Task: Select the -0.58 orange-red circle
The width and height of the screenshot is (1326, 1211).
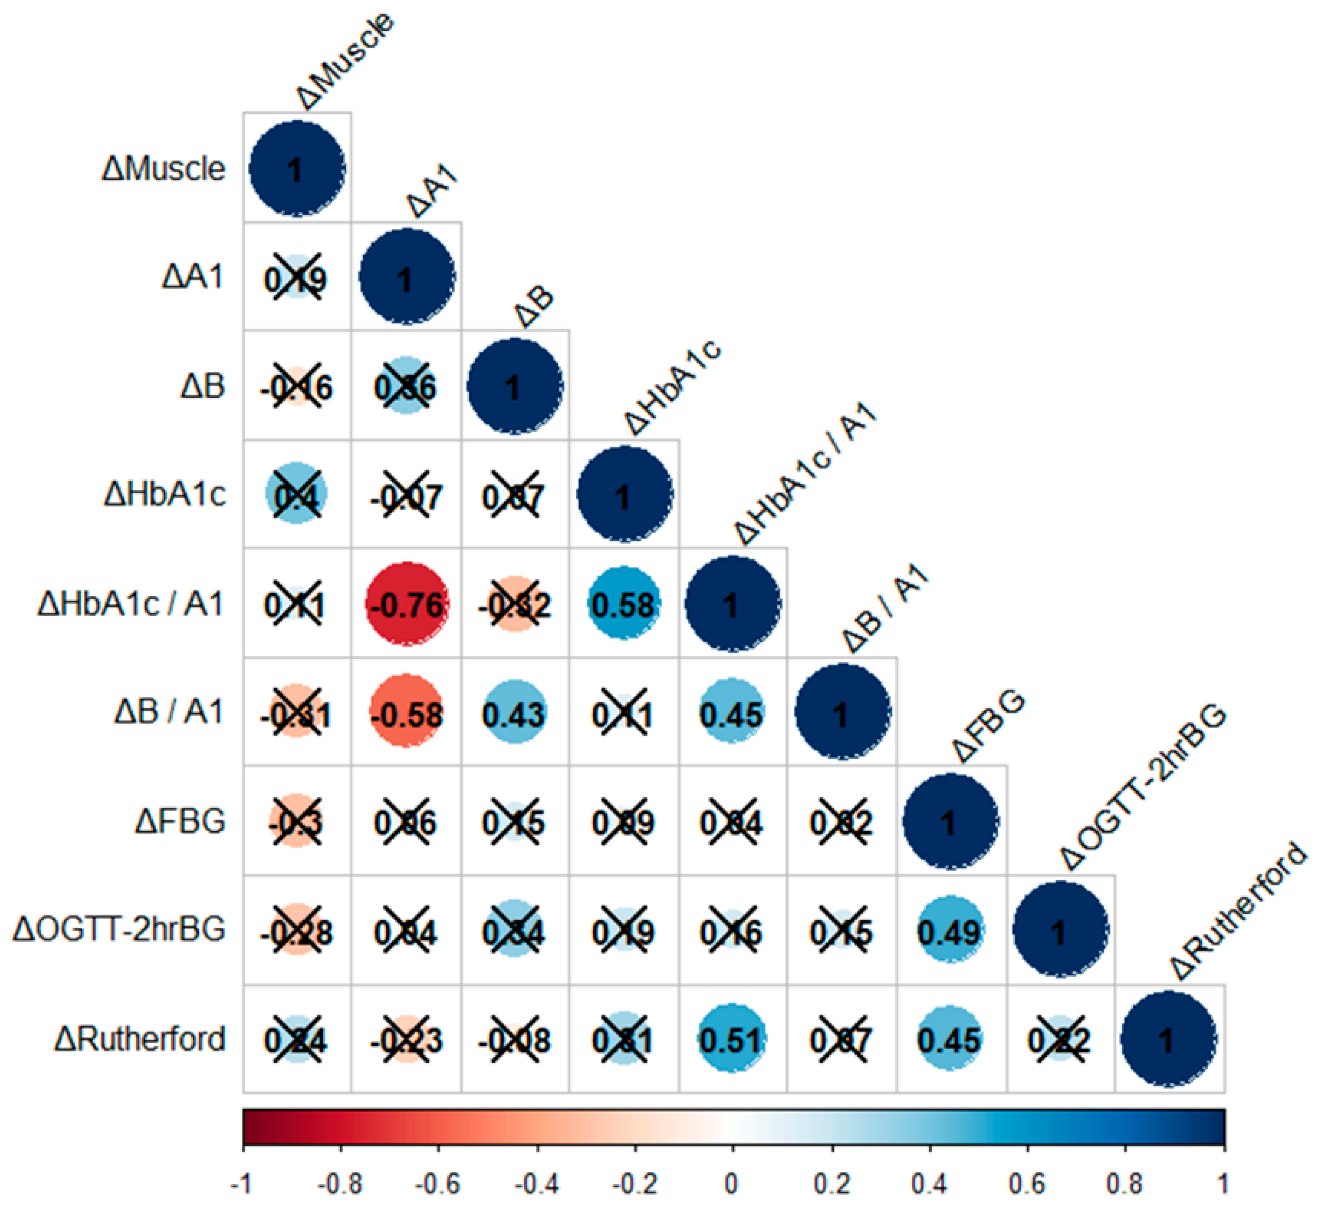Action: [406, 713]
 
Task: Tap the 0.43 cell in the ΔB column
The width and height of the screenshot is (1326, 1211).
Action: [515, 713]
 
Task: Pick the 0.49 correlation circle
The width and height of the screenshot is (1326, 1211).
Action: [950, 930]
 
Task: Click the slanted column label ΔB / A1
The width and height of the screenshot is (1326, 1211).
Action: [885, 608]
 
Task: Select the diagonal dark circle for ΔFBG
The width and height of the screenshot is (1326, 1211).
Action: [950, 822]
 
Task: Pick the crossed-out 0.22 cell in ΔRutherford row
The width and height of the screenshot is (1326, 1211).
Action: [1059, 1039]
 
